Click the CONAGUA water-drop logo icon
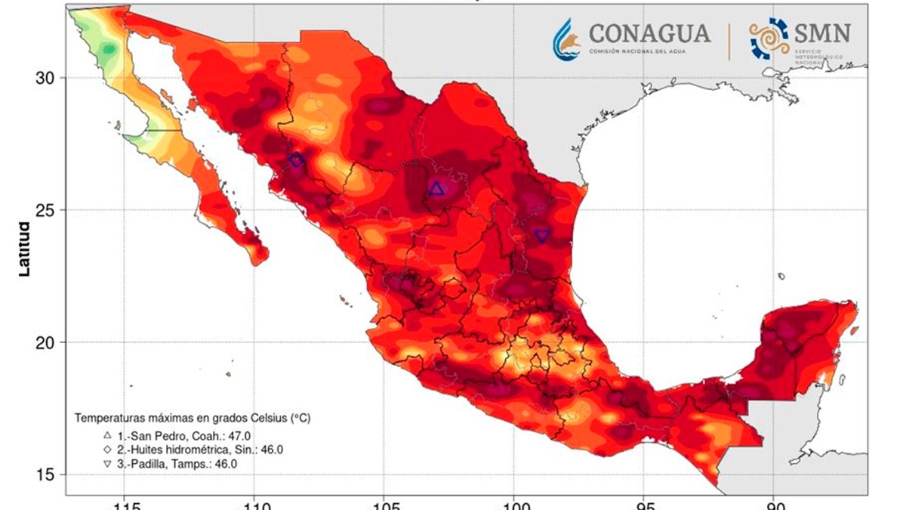click(566, 38)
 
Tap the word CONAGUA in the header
click(649, 34)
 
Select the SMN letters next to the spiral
click(822, 32)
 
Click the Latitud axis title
click(23, 249)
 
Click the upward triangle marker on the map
click(436, 188)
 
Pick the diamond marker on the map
click(296, 160)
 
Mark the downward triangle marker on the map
click(542, 236)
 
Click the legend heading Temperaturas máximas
click(192, 417)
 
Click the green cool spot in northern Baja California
click(109, 50)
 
